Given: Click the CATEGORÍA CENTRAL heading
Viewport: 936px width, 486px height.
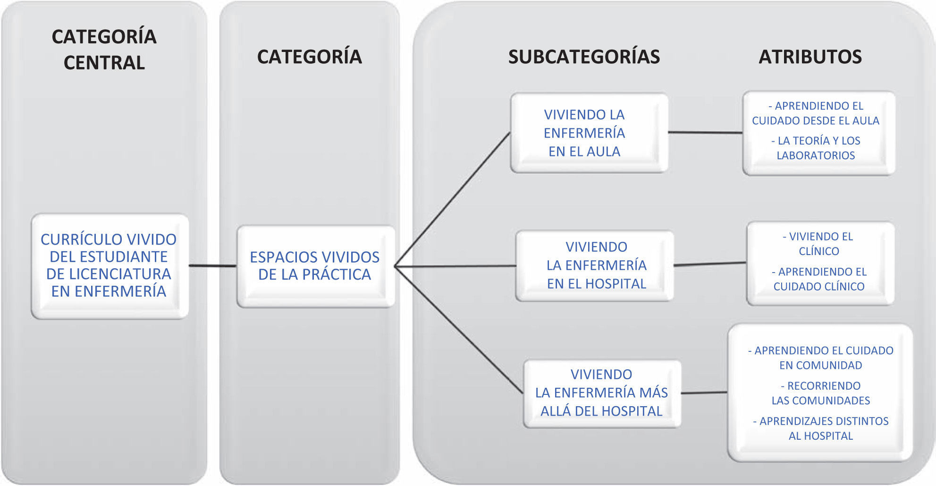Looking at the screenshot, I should pyautogui.click(x=104, y=50).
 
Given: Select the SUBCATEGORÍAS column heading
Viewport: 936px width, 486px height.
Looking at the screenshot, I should pyautogui.click(x=584, y=57).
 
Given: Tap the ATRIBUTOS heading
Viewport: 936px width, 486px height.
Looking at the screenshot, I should pyautogui.click(x=810, y=57).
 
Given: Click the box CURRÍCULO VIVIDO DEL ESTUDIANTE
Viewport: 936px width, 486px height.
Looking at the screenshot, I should pyautogui.click(x=109, y=265).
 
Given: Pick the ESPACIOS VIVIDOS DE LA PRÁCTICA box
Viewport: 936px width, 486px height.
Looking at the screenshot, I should pyautogui.click(x=315, y=266).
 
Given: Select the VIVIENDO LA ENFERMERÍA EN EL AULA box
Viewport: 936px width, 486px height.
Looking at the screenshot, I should pyautogui.click(x=584, y=133).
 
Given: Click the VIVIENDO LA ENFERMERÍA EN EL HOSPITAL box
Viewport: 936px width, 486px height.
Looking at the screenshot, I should pyautogui.click(x=596, y=265).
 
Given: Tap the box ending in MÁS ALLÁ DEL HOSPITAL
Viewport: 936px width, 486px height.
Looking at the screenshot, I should pyautogui.click(x=601, y=393).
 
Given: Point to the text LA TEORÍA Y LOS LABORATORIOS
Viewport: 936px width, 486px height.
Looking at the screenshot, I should pyautogui.click(x=816, y=148).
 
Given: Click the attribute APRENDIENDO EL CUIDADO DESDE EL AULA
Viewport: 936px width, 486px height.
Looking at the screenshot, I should pyautogui.click(x=816, y=113).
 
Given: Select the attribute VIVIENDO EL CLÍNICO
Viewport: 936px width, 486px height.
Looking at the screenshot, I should pyautogui.click(x=818, y=244).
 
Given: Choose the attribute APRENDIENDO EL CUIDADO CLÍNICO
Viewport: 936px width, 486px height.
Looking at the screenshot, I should pyautogui.click(x=819, y=279).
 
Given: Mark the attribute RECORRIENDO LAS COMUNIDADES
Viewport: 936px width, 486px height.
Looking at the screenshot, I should pyautogui.click(x=820, y=393).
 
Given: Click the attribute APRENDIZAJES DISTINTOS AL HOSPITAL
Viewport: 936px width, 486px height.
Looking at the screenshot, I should pyautogui.click(x=820, y=428).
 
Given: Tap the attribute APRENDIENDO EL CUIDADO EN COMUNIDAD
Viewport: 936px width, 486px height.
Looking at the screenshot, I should pyautogui.click(x=820, y=358).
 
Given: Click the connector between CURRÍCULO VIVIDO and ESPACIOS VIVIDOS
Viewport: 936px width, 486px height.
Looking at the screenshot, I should pyautogui.click(x=212, y=266).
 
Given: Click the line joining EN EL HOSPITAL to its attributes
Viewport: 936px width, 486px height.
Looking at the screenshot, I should pyautogui.click(x=710, y=264).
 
